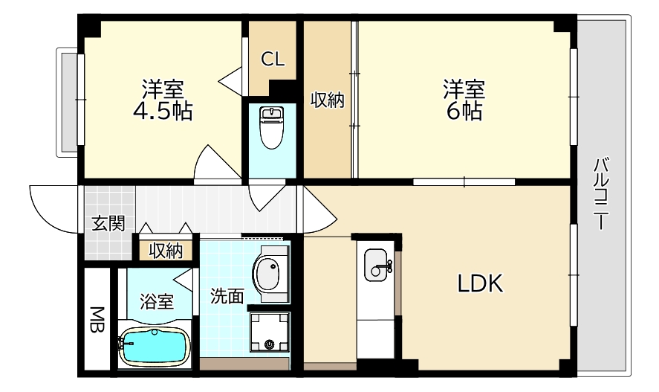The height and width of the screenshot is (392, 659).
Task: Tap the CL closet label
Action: (x=272, y=60)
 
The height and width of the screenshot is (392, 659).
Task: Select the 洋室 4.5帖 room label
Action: (x=163, y=100)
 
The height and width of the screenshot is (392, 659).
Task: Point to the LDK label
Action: (x=480, y=283)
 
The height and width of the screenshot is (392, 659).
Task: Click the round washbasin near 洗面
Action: (x=270, y=273)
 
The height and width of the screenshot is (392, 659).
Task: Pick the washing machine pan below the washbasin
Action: (x=269, y=332)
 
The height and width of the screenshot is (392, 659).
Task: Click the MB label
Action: (x=97, y=319)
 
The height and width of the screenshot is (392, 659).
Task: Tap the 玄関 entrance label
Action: (x=108, y=223)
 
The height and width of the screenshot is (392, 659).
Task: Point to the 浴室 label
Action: (x=157, y=302)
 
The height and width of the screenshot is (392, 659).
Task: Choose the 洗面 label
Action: (x=227, y=296)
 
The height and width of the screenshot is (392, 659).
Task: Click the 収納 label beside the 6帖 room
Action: (x=327, y=100)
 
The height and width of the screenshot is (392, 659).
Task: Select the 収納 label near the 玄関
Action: (x=166, y=251)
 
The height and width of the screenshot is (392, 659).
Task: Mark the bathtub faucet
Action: (x=121, y=344)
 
